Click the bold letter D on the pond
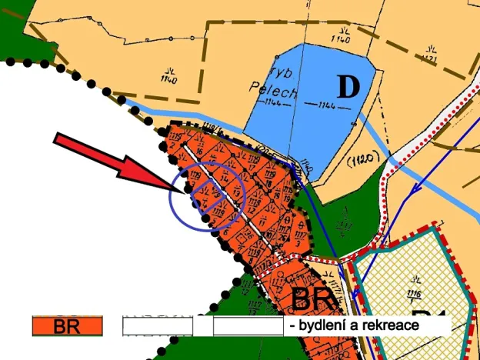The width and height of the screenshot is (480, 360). point(348,87)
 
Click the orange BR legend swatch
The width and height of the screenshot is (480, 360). point(67,326)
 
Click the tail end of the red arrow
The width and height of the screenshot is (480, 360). point(57,139)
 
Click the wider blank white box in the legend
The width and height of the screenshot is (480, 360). point(248,326)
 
